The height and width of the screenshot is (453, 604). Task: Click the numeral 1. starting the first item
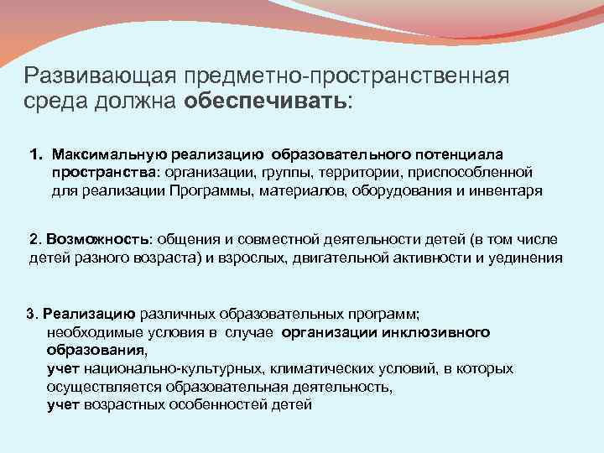[36, 154]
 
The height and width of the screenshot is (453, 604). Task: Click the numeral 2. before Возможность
[34, 239]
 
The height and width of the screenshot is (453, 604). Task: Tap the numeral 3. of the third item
[33, 314]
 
